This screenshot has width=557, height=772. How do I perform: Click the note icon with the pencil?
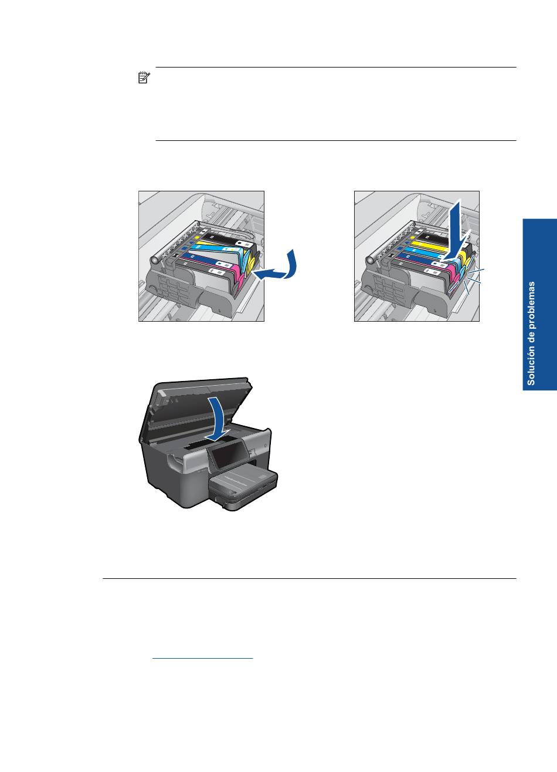coord(144,77)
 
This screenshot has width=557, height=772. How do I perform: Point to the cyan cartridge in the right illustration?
coord(433,257)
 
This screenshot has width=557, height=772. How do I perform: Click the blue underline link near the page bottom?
coord(202,658)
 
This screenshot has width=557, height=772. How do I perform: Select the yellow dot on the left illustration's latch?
coord(197,237)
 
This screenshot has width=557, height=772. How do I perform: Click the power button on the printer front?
coord(266,445)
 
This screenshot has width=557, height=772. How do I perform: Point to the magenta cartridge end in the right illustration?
coord(453,281)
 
